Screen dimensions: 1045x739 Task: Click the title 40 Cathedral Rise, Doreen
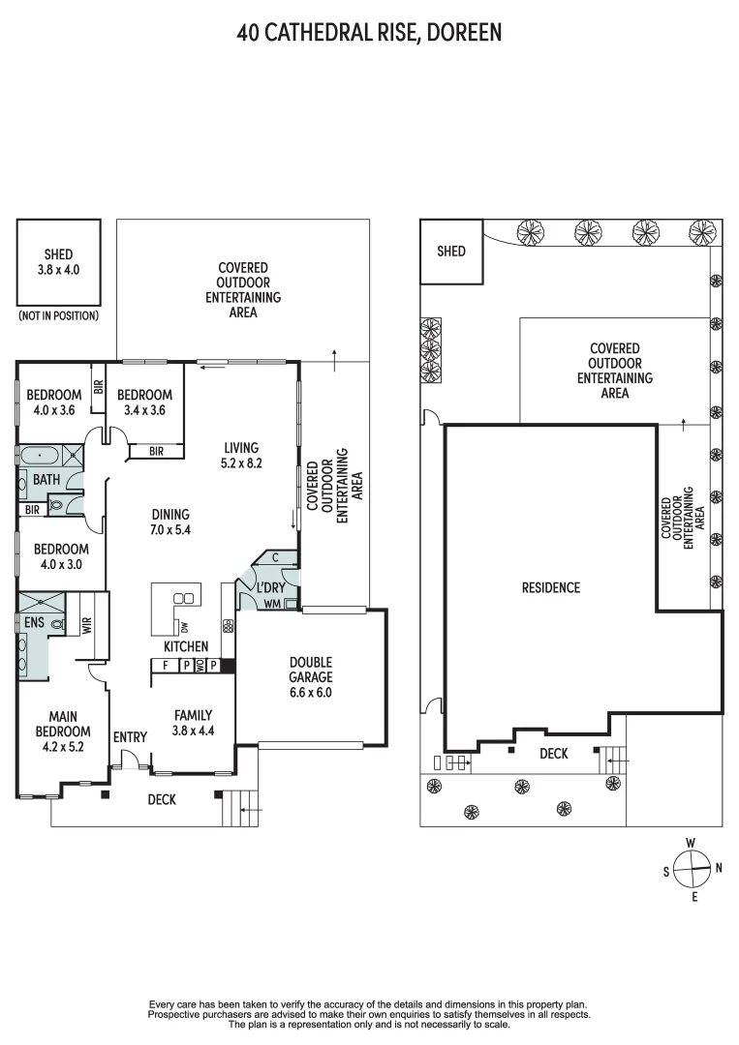[x=369, y=33]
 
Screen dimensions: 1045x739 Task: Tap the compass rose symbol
[x=692, y=869]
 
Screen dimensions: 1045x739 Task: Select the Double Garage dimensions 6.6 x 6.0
[x=310, y=692]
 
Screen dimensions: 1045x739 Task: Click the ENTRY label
[x=130, y=737]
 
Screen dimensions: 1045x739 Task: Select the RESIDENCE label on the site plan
[x=550, y=587]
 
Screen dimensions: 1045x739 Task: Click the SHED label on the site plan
[x=451, y=252]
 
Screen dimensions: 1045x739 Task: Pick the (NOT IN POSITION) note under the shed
[x=58, y=316]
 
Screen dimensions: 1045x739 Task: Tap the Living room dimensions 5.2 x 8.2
[x=241, y=463]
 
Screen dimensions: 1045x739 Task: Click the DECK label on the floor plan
[x=162, y=800]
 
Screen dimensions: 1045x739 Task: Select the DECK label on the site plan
[x=553, y=753]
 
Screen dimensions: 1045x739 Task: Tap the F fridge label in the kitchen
[x=166, y=666]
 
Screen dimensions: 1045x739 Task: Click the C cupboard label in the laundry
[x=276, y=557]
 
